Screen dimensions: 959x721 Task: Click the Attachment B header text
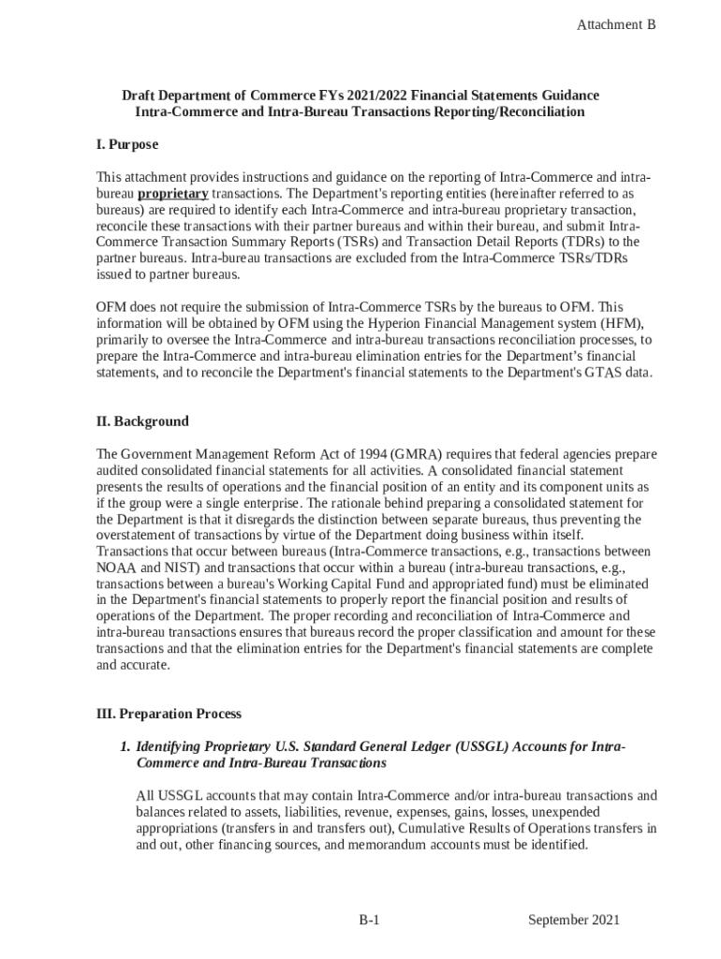(615, 25)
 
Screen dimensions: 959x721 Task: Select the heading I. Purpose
(127, 144)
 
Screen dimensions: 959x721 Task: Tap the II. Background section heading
(142, 420)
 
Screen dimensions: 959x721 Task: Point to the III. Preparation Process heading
(169, 713)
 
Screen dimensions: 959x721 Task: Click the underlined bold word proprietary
(173, 194)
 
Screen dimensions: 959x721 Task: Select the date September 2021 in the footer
(573, 920)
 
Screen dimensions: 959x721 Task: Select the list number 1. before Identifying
(124, 746)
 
